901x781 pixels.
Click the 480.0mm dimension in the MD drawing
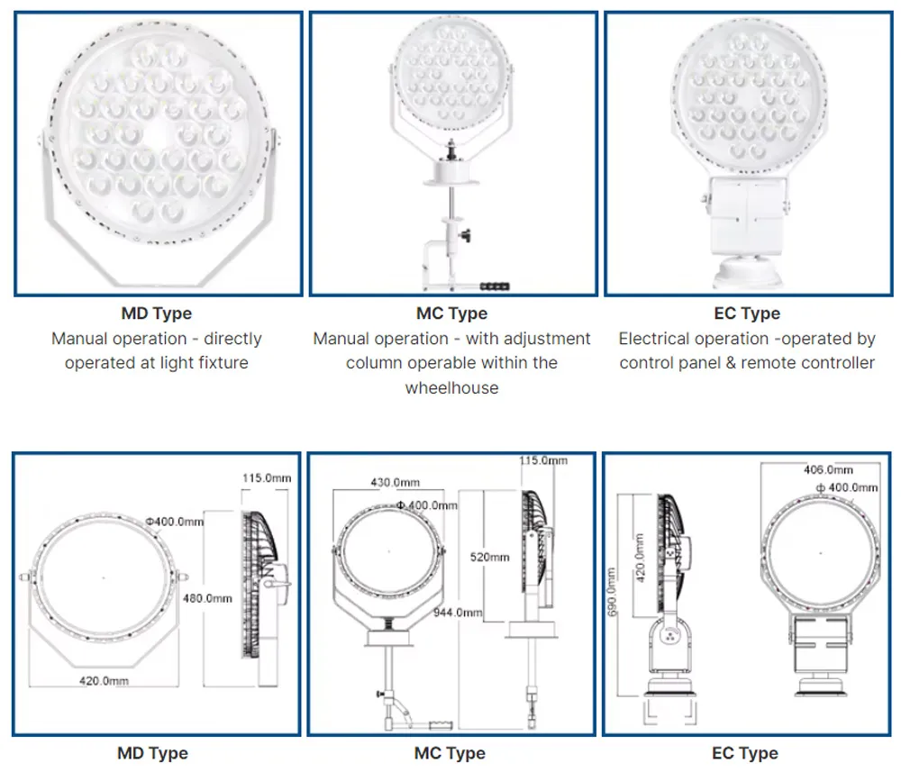tap(207, 598)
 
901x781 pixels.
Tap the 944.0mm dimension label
tap(458, 613)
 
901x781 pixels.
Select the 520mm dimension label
tap(489, 557)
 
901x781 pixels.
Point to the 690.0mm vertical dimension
tap(612, 592)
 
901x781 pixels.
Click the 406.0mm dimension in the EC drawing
tap(828, 469)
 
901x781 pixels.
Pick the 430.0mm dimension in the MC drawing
tap(396, 482)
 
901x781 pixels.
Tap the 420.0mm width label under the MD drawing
tap(104, 680)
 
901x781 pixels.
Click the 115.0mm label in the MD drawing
tap(267, 477)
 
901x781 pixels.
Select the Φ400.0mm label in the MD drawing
tap(175, 522)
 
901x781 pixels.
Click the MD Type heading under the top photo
tap(156, 313)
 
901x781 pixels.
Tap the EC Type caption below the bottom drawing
tap(745, 753)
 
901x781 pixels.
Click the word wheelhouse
tap(451, 388)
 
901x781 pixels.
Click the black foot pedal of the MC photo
tap(495, 286)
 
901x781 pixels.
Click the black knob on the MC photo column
tap(466, 235)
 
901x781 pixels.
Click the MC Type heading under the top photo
tap(451, 313)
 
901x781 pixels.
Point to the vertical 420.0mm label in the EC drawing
tap(640, 558)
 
